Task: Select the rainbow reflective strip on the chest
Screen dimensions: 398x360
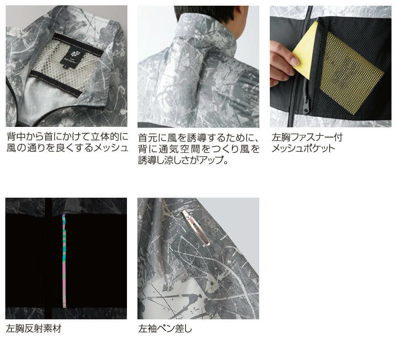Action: [64, 261]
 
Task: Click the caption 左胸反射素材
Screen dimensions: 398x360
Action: [34, 329]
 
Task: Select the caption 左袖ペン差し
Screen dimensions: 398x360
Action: [165, 329]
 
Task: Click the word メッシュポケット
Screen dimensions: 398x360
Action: [303, 148]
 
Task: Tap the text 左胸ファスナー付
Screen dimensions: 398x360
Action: [307, 137]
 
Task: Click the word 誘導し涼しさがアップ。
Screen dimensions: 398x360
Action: [183, 160]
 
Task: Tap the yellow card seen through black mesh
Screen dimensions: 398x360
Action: [352, 73]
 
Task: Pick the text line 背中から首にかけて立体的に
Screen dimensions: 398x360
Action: [67, 137]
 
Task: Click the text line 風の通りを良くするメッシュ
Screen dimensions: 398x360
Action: [67, 148]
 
